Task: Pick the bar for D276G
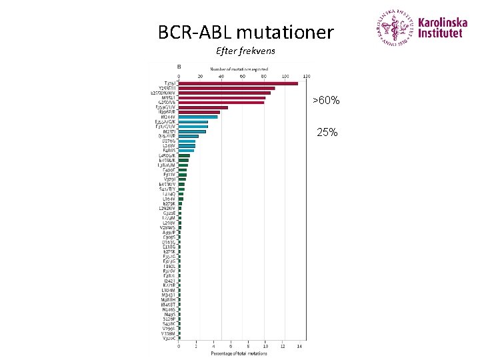click(187, 141)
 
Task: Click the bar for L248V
click(187, 145)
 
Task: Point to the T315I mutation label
click(171, 83)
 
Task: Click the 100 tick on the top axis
click(285, 76)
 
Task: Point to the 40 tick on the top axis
click(221, 76)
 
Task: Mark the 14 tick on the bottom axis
click(299, 346)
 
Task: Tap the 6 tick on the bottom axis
click(231, 346)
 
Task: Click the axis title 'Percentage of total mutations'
click(239, 353)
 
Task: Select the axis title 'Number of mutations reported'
click(239, 69)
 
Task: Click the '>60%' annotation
click(327, 101)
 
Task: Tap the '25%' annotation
click(327, 133)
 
